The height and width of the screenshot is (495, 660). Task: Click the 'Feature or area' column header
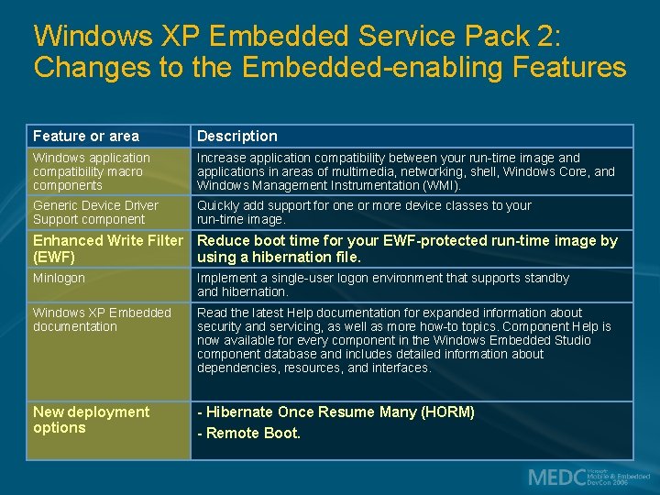click(86, 136)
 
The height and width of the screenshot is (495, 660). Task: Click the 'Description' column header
click(236, 136)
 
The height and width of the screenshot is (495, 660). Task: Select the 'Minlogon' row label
click(59, 278)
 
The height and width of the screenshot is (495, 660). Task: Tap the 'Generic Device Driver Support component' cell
click(95, 213)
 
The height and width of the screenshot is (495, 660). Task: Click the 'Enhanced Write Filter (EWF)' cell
click(106, 248)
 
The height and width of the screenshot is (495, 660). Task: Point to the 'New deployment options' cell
click(91, 420)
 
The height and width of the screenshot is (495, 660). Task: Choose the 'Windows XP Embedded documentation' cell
click(101, 319)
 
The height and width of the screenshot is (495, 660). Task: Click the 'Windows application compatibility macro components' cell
click(91, 171)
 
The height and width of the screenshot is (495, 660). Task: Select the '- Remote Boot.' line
click(248, 434)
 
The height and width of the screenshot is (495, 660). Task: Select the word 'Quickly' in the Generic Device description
click(219, 205)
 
